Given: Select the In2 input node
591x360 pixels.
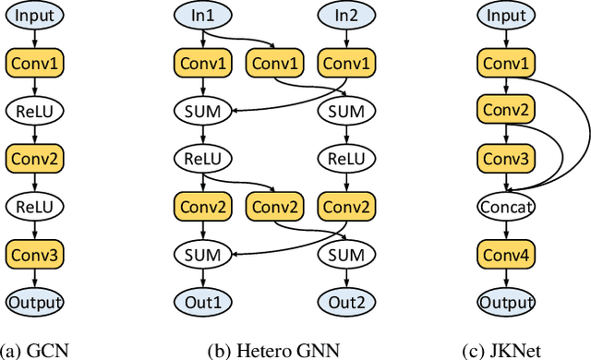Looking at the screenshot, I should [x=344, y=16].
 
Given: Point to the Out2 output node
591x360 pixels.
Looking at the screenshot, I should [x=344, y=302].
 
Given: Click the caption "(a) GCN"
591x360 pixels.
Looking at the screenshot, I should [x=34, y=349].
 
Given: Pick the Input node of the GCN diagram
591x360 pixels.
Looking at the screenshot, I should [x=34, y=16].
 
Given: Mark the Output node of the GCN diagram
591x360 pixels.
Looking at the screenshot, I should [x=34, y=302].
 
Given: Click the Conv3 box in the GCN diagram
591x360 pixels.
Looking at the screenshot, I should [x=34, y=254].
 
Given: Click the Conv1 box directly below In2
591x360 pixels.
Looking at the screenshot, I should [x=344, y=63].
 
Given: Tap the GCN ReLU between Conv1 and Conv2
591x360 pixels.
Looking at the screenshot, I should [x=34, y=111].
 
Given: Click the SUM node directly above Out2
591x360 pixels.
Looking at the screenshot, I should [x=344, y=254].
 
